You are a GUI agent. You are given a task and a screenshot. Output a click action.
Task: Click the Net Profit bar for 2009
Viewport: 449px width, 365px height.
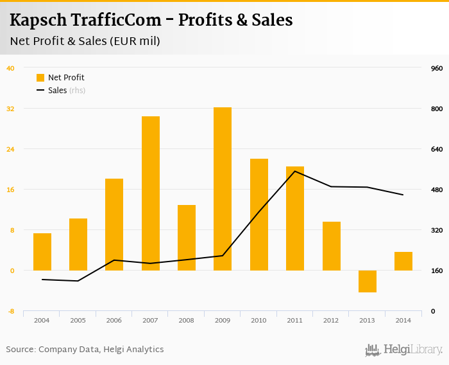coord(223,189)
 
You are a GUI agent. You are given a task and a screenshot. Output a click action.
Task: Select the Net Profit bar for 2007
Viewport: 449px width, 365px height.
coord(151,193)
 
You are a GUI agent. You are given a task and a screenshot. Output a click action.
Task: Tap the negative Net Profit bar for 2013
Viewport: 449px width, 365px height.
coord(368,281)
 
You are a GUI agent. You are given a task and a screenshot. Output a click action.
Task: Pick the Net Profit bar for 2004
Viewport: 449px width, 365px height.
coord(42,252)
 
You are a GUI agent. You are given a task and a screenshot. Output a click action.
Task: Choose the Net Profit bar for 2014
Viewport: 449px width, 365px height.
coord(403,261)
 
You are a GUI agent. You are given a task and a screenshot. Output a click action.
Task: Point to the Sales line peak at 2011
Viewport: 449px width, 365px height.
coord(295,171)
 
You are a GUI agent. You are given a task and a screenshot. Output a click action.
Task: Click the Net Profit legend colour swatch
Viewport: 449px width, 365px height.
coord(40,78)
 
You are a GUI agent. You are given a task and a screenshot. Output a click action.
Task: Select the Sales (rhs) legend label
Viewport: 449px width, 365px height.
coord(67,91)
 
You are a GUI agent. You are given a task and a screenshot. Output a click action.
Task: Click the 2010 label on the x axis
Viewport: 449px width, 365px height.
coord(258,320)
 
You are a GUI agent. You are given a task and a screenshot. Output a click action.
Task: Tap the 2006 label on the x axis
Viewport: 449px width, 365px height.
coord(114,320)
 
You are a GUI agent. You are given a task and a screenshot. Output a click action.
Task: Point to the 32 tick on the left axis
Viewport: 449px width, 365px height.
coord(10,109)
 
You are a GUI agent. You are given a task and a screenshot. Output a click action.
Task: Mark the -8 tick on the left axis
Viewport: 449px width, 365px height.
coord(10,312)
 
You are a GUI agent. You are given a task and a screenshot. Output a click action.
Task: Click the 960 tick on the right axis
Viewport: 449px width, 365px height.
coord(437,68)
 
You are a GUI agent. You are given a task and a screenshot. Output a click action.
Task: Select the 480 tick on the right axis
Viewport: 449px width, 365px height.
coord(437,190)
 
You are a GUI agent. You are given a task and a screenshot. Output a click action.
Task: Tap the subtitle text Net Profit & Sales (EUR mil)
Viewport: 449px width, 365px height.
coord(85,41)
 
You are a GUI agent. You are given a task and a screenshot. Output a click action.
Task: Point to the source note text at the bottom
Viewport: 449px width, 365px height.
coord(85,350)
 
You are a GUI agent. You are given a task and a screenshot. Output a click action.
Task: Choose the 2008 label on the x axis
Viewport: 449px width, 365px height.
coord(187,320)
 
